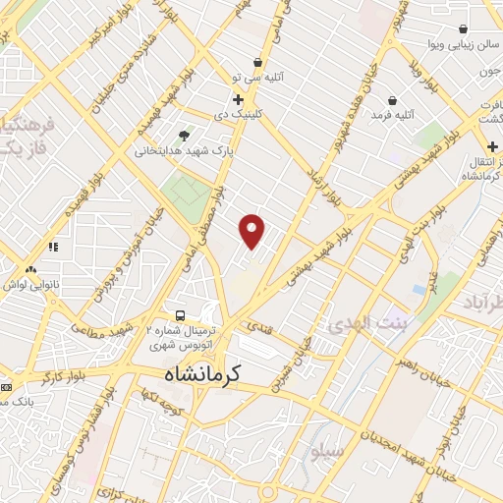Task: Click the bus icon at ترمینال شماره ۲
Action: pyautogui.click(x=180, y=315)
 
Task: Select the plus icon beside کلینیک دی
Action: pyautogui.click(x=238, y=99)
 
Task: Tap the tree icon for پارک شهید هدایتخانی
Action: pyautogui.click(x=185, y=136)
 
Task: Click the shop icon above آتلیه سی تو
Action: pyautogui.click(x=257, y=62)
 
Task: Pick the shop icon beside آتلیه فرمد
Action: pyautogui.click(x=392, y=100)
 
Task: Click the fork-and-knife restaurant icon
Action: pyautogui.click(x=53, y=247)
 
